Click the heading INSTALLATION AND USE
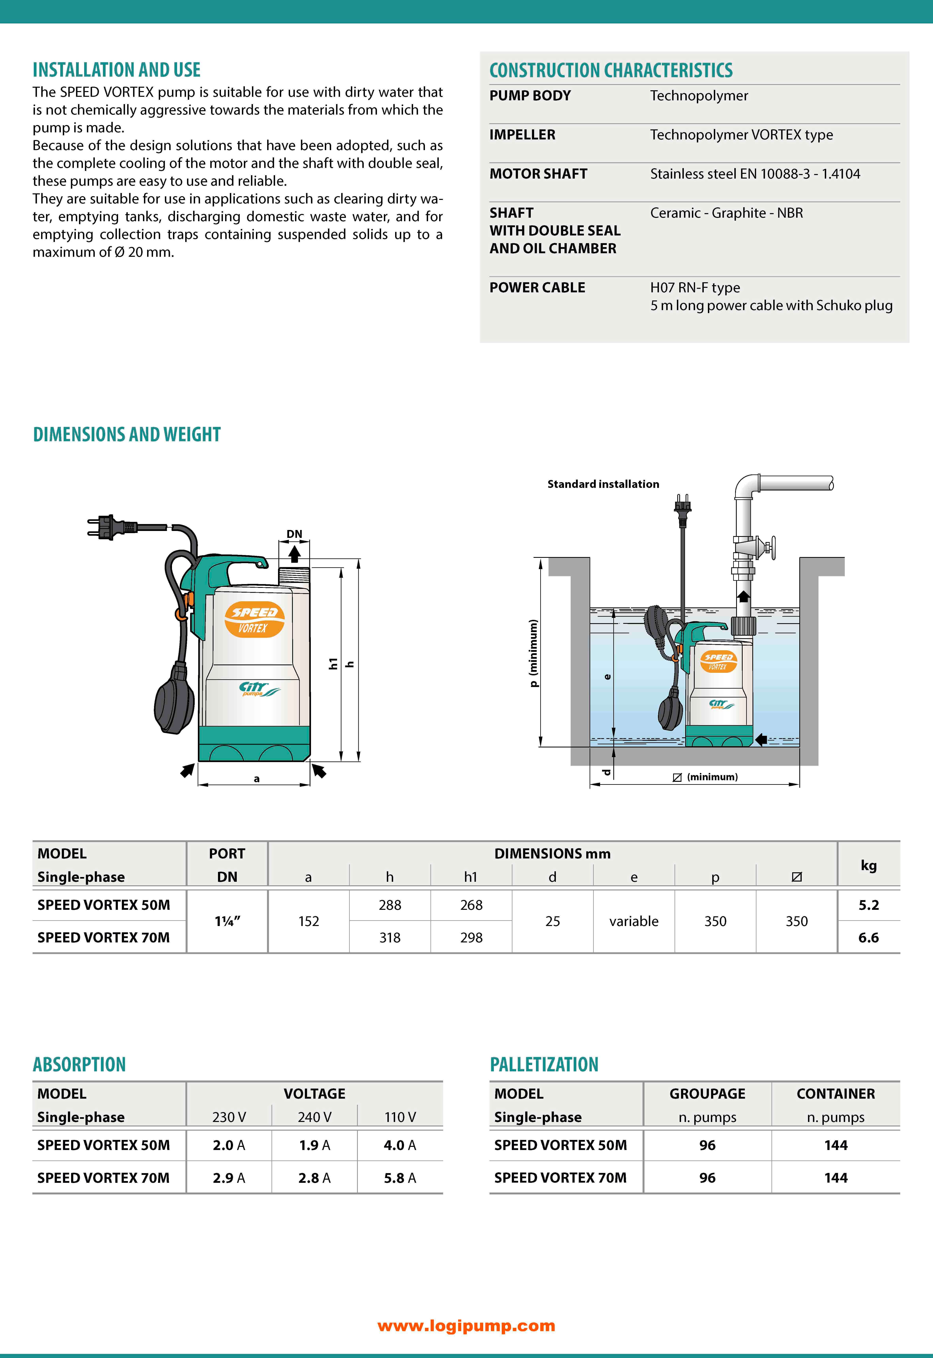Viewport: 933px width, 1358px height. pyautogui.click(x=116, y=70)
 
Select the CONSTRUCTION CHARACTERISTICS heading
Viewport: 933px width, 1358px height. pyautogui.click(x=611, y=70)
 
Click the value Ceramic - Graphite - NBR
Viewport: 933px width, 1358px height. pyautogui.click(x=726, y=213)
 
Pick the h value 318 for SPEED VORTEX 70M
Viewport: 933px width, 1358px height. pyautogui.click(x=390, y=937)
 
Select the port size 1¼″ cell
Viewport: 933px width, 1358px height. pyautogui.click(x=227, y=921)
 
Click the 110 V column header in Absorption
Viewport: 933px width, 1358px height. pyautogui.click(x=400, y=1117)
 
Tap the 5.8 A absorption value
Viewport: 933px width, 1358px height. pyautogui.click(x=400, y=1178)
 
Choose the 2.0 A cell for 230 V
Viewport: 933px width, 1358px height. pyautogui.click(x=229, y=1145)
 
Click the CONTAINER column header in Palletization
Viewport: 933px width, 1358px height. pyautogui.click(x=835, y=1094)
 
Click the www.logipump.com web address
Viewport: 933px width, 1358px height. pyautogui.click(x=466, y=1326)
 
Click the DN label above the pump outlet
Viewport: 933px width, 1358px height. pyautogui.click(x=294, y=534)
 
